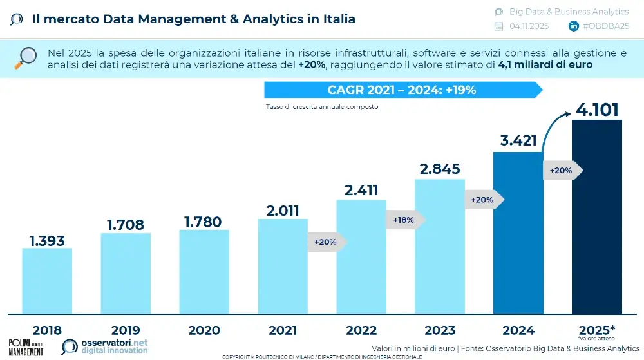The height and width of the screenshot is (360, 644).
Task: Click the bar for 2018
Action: [47, 281]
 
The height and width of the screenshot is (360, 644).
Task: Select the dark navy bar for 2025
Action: [597, 216]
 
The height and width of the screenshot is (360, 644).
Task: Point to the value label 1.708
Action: [126, 225]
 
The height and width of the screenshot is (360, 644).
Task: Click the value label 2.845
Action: [439, 169]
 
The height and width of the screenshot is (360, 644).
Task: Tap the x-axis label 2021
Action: [283, 331]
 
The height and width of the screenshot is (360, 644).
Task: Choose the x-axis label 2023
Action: [439, 331]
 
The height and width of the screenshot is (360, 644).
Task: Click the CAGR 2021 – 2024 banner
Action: [402, 90]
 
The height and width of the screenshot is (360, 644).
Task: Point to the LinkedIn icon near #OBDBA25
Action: [573, 26]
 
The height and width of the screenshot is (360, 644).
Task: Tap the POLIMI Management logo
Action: [26, 346]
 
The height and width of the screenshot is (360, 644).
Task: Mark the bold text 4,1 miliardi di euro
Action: [545, 65]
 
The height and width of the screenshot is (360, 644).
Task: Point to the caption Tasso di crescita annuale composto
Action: [321, 107]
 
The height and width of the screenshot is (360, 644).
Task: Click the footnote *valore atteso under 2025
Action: [596, 338]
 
